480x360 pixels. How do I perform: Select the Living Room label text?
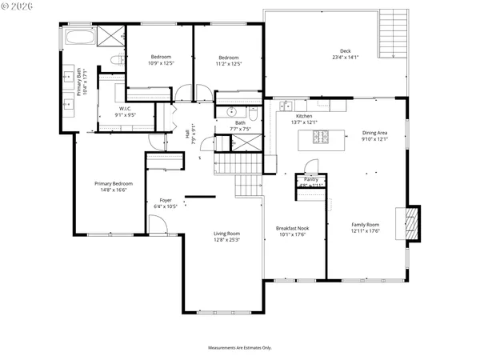coord(227,236)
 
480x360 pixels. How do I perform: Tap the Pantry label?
coord(310,180)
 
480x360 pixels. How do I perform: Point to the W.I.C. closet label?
coord(126,108)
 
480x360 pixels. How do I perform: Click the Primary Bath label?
coord(79,82)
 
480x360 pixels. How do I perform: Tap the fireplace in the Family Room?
coord(411,223)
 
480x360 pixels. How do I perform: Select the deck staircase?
coord(394,33)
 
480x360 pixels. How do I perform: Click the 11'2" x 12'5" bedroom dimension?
coord(230,64)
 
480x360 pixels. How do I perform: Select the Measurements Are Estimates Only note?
coord(240,348)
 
